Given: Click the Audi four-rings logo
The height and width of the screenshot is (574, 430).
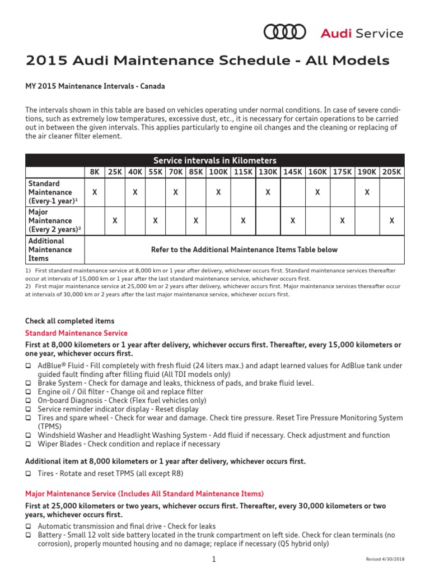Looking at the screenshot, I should [284, 33].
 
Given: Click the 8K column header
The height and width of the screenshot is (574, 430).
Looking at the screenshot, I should [94, 172].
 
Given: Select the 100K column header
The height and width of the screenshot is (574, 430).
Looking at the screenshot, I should [218, 172].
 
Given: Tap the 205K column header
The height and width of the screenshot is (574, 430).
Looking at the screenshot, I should [391, 172].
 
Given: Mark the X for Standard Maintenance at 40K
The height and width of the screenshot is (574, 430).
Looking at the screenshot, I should [135, 192].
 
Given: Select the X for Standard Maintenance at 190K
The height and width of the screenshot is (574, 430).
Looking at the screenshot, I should [367, 192].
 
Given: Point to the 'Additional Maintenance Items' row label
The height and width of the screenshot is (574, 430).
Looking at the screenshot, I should [50, 249].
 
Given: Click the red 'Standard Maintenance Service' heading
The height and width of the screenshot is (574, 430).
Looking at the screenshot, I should [76, 333].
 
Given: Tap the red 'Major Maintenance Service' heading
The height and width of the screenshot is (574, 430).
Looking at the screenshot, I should [144, 494].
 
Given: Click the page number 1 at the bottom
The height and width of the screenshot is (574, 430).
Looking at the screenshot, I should [214, 559].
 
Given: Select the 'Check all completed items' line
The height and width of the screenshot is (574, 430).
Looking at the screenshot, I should [69, 321].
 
